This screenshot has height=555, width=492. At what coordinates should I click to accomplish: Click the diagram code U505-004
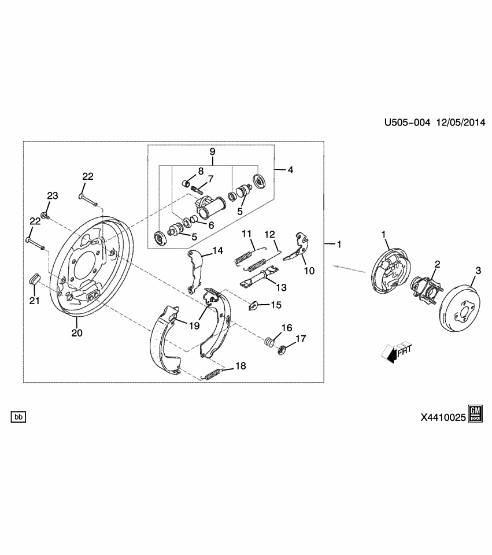pos(408,123)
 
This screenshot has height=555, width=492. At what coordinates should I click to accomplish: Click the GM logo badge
pos(475,413)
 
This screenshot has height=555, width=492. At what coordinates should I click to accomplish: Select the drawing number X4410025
pos(439,416)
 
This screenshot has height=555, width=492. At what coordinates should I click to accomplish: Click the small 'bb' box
pos(19,416)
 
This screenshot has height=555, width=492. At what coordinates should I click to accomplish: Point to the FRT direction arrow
pos(395,352)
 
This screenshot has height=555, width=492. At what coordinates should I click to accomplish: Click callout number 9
pos(212,151)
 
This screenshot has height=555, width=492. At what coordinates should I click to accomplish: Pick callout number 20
pos(77,332)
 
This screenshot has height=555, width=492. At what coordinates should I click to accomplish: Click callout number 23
pos(53,196)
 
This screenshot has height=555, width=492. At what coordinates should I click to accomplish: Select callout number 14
pos(217,250)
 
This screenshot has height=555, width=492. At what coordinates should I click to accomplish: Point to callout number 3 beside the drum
pos(478,271)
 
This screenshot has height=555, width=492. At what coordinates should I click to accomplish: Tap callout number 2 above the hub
pos(438,264)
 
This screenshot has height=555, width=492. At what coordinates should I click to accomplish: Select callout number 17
pos(300,339)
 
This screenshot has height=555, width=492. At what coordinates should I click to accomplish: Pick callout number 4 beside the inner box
pos(290,170)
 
